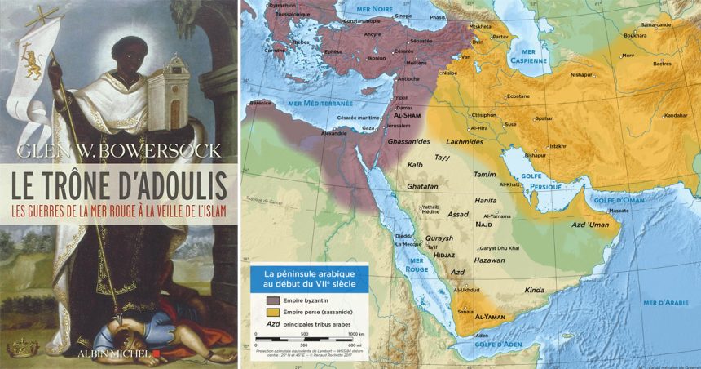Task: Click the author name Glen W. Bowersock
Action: coord(117,152)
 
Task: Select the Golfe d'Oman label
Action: coord(617,200)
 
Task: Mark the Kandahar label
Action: coord(676,115)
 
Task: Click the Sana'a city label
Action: coord(465,312)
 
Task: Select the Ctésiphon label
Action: coord(483,115)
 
